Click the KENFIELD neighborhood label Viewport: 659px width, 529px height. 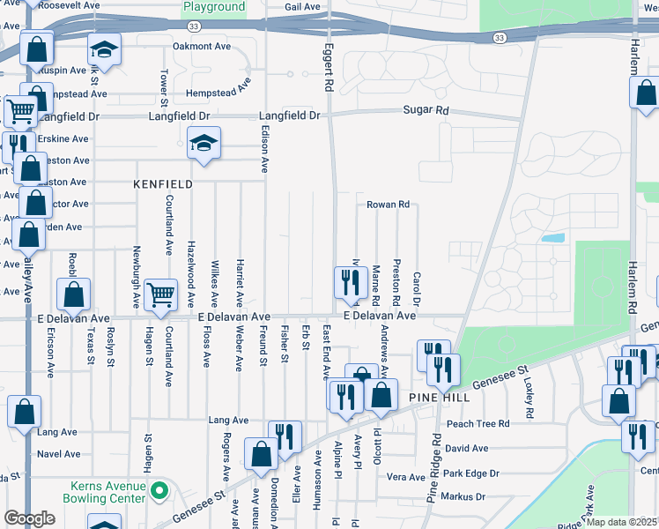(162, 185)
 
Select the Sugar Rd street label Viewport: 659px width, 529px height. (426, 111)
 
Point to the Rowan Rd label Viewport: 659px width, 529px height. (388, 205)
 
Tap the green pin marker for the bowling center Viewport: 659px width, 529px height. (159, 489)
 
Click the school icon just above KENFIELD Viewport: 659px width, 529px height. (204, 144)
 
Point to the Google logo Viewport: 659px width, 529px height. (29, 518)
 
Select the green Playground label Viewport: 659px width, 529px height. (213, 7)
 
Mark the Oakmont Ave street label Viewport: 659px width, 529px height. (201, 46)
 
